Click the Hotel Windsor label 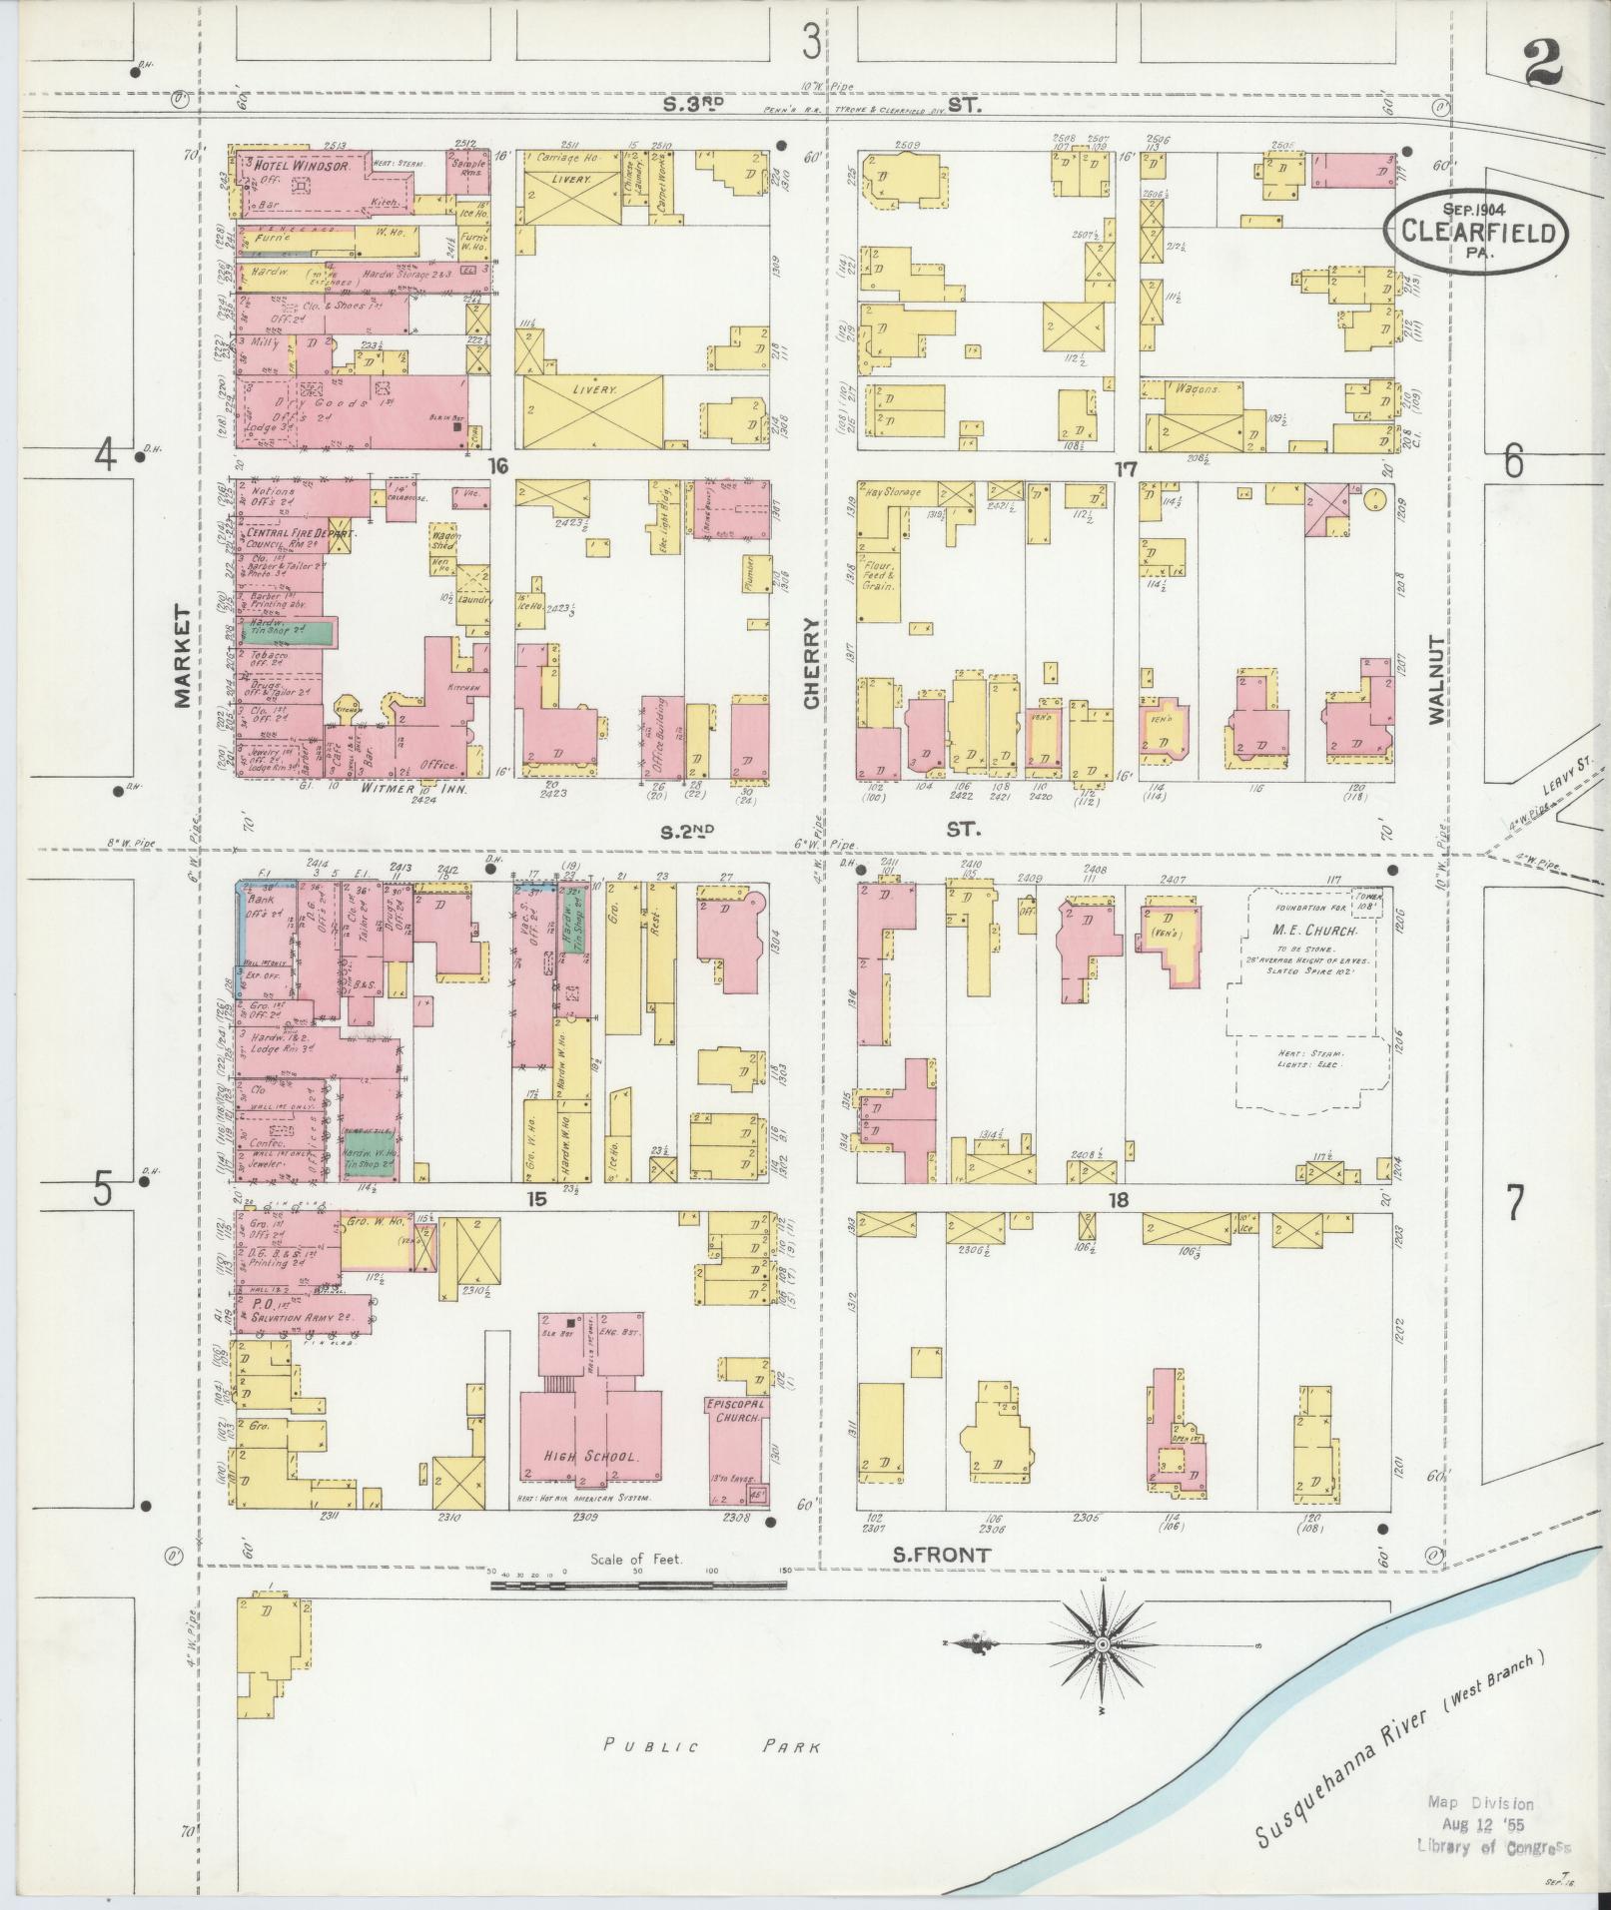click(300, 167)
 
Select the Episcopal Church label click(737, 1410)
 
